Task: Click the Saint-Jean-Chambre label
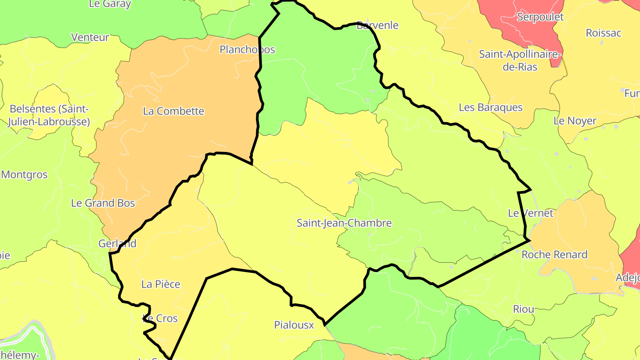point(344,223)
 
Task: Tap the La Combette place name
point(173,111)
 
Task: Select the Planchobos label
point(247,49)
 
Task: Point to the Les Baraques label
point(491,108)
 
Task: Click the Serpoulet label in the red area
point(540,17)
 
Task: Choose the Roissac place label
point(603,33)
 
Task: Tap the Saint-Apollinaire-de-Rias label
point(520,60)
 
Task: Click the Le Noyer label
point(575,120)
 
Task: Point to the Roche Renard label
point(554,255)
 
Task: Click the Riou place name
point(524,309)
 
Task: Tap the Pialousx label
point(294,325)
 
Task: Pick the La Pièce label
point(160,284)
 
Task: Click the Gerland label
point(117,244)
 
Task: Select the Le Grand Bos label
point(103,203)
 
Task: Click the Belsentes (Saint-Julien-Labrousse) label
point(49,115)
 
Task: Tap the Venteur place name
point(90,37)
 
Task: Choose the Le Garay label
point(110,4)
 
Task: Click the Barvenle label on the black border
point(377,25)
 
